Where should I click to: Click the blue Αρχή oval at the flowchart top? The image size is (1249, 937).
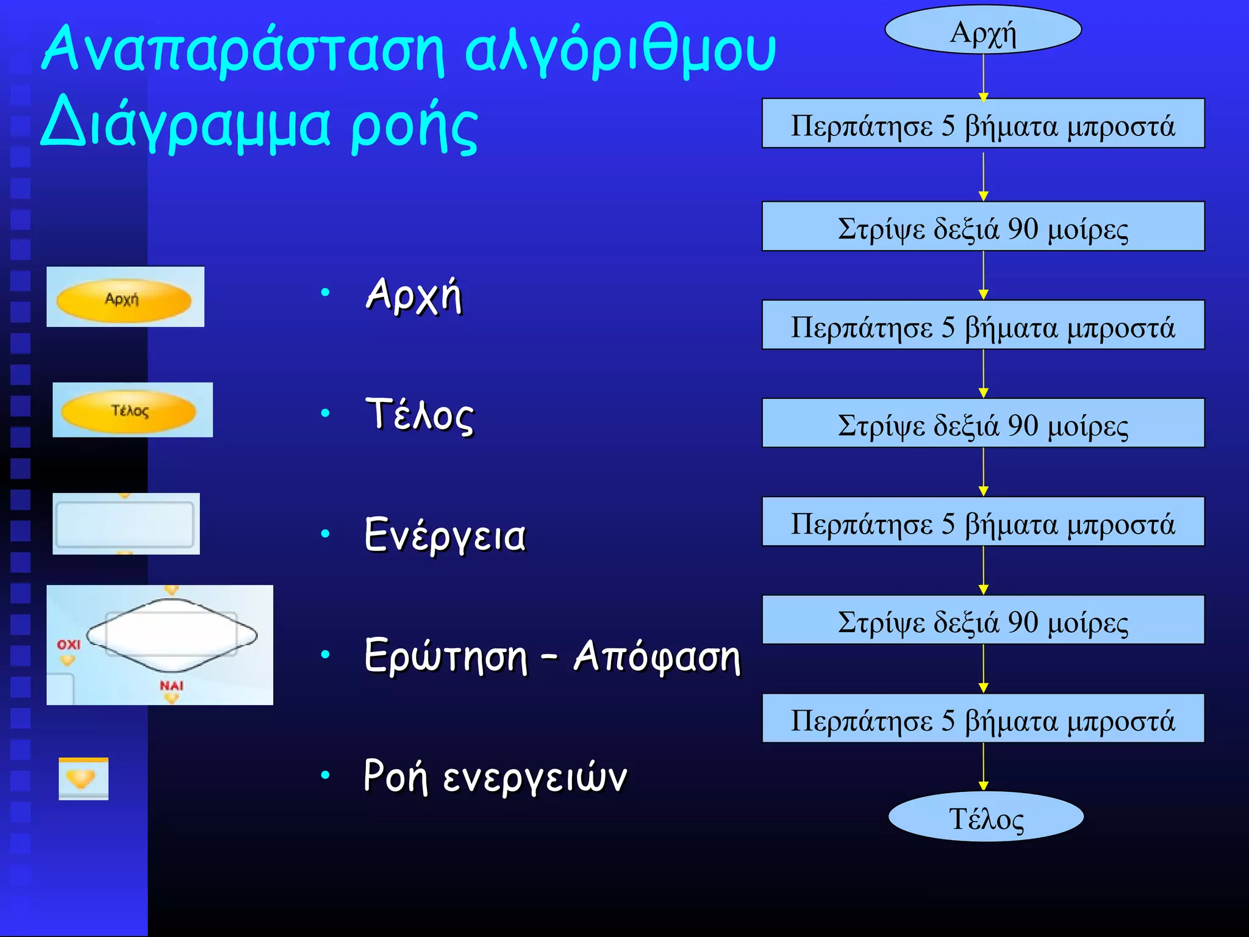(982, 31)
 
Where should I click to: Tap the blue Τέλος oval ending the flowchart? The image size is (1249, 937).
(986, 817)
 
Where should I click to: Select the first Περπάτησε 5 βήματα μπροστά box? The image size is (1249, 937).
(982, 124)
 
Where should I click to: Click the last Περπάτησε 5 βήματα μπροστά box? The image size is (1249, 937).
(982, 719)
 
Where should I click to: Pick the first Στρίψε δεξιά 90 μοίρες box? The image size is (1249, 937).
(982, 227)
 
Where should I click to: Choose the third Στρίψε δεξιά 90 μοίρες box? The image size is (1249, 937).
(982, 620)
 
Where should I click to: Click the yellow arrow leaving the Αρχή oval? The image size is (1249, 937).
(983, 76)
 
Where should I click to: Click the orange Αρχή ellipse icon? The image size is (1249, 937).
(124, 300)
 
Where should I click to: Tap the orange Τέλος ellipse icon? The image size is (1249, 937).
(129, 411)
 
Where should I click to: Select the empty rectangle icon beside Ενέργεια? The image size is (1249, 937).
(125, 524)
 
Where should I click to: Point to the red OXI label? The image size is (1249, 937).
(68, 645)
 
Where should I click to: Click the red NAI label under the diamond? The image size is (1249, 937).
(171, 685)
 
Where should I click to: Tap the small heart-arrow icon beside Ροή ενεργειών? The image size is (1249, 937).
(82, 778)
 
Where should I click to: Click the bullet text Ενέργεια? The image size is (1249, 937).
(445, 535)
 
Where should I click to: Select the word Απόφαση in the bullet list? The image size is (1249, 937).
(656, 656)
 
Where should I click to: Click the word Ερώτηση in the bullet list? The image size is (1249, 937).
(445, 656)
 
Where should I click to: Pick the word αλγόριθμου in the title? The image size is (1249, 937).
(619, 50)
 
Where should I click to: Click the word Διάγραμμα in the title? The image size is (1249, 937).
(186, 126)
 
